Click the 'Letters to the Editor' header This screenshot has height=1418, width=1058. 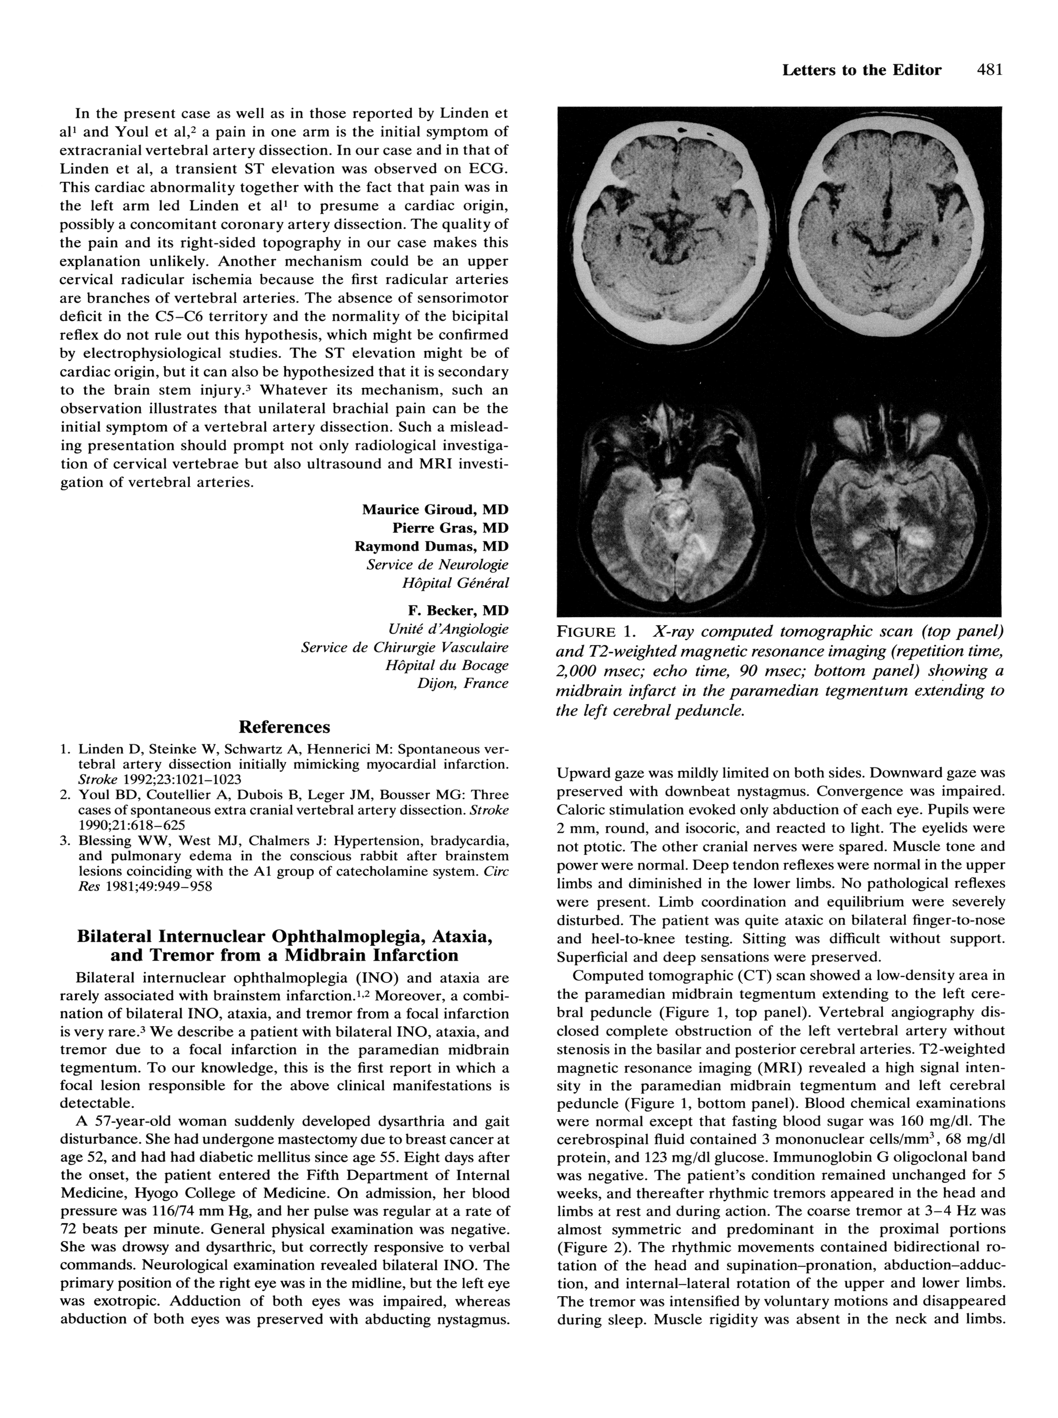tap(862, 70)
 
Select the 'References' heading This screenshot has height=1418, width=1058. tap(284, 727)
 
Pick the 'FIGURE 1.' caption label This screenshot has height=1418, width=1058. tap(596, 632)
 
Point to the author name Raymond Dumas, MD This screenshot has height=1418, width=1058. tap(431, 547)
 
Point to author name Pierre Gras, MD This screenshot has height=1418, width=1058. tap(450, 528)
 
